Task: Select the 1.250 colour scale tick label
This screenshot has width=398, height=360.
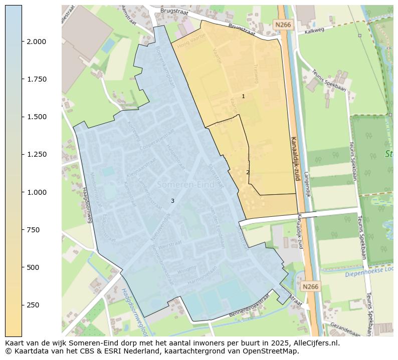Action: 37,154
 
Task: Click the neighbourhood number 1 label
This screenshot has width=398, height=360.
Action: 244,96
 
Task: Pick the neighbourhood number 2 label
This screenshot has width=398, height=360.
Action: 248,172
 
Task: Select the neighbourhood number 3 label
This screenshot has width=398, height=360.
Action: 172,201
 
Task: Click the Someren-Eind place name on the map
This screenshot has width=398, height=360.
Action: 185,185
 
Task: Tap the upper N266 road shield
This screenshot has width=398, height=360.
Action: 283,24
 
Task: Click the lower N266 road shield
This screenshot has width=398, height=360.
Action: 310,286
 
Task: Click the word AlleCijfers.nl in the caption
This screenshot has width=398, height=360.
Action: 315,343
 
